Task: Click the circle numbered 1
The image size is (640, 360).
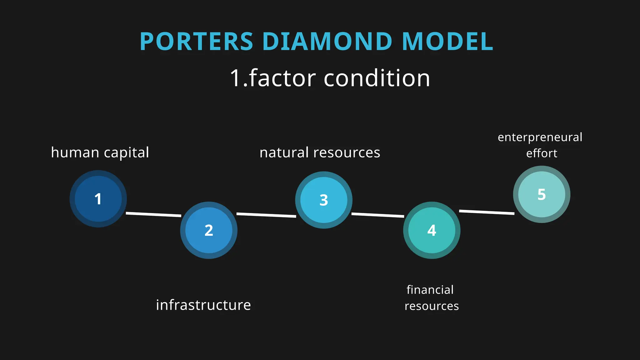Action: (x=98, y=199)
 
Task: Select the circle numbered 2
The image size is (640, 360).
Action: (x=209, y=230)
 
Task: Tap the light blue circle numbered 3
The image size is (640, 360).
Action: (x=324, y=200)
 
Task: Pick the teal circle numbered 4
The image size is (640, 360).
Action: (x=432, y=230)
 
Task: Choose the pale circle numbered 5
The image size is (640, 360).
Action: (x=542, y=194)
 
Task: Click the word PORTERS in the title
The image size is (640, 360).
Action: (x=196, y=42)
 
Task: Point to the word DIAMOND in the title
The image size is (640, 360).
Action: (x=327, y=42)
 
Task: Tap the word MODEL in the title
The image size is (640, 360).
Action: (x=447, y=42)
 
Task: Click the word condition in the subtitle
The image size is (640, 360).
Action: (x=377, y=78)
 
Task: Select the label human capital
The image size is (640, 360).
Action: (x=100, y=153)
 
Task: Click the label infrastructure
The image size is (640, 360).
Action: (x=203, y=305)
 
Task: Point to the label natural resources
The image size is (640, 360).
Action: (x=320, y=153)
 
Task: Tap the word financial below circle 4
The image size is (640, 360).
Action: (x=430, y=290)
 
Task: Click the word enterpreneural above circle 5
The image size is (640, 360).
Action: (x=540, y=137)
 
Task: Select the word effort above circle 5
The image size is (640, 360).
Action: (x=542, y=153)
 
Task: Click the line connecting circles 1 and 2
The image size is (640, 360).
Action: (x=153, y=214)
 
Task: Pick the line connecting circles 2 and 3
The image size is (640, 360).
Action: (x=266, y=215)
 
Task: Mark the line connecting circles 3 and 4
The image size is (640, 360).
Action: (x=377, y=215)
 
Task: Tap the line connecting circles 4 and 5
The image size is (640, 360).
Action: (x=487, y=212)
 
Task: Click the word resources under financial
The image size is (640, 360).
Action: (x=432, y=306)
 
